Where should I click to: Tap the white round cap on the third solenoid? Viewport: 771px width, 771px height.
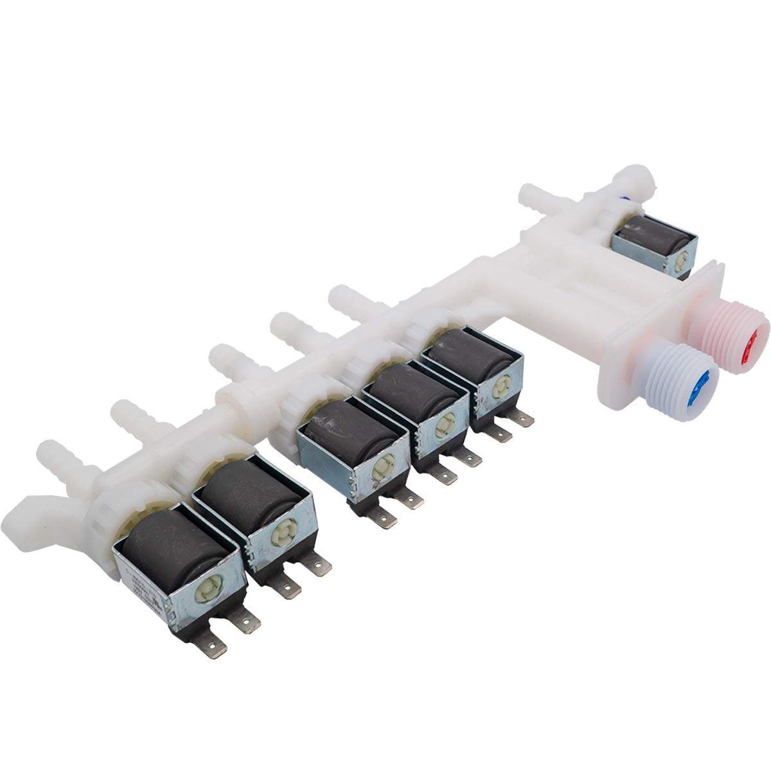click(384, 467)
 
